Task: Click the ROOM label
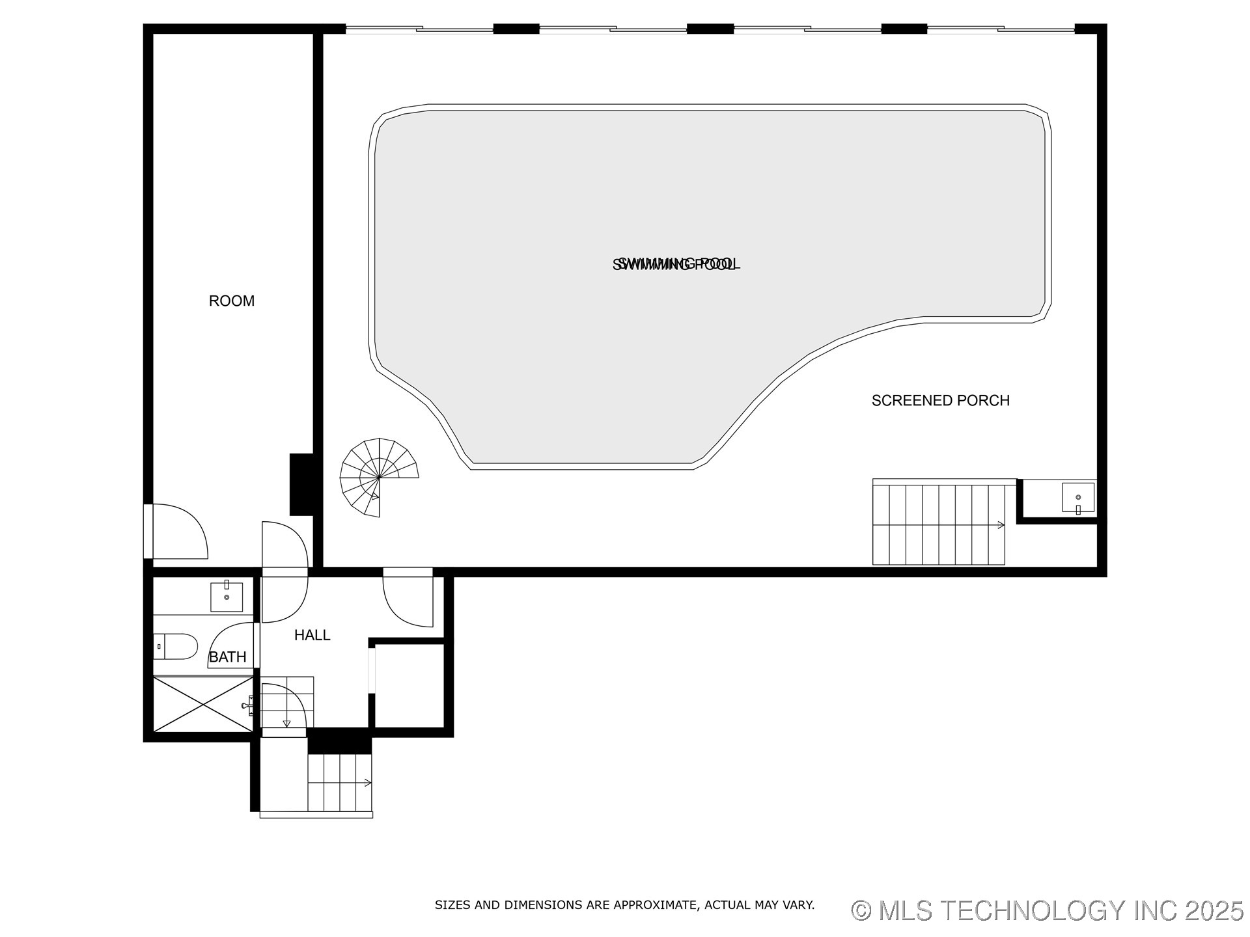click(231, 301)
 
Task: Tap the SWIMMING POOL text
click(676, 264)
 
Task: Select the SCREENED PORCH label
click(940, 400)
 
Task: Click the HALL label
click(312, 635)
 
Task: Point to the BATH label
click(227, 657)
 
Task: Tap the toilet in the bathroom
click(176, 646)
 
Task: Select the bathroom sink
click(227, 597)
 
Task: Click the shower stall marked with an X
click(202, 704)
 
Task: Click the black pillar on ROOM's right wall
click(301, 484)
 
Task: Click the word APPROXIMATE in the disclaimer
click(656, 905)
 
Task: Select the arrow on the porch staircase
click(1001, 524)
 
